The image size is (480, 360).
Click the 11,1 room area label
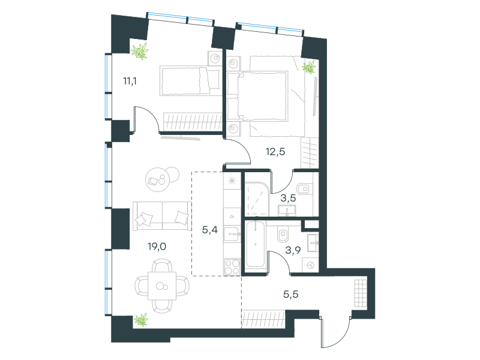(x=130, y=81)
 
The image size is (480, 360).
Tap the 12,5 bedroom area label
(x=275, y=151)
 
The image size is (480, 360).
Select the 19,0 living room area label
(x=157, y=246)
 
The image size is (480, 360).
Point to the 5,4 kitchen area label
(x=210, y=229)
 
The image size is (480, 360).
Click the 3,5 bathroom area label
(x=289, y=198)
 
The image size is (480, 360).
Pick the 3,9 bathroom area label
(x=293, y=250)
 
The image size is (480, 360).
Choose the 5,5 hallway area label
(x=291, y=294)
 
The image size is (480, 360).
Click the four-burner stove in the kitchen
(x=232, y=267)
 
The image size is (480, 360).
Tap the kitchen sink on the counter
(x=232, y=235)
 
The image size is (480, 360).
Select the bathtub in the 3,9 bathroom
(x=256, y=244)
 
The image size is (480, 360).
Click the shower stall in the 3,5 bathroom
(x=257, y=199)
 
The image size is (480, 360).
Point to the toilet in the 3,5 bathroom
(x=304, y=188)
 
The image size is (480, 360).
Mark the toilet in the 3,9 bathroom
(x=283, y=235)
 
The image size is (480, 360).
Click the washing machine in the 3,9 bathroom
(x=310, y=265)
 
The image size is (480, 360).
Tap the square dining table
(x=162, y=286)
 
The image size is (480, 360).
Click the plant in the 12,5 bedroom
(x=309, y=67)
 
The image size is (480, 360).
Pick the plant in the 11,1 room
(x=140, y=51)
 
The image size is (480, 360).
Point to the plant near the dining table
(x=141, y=320)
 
